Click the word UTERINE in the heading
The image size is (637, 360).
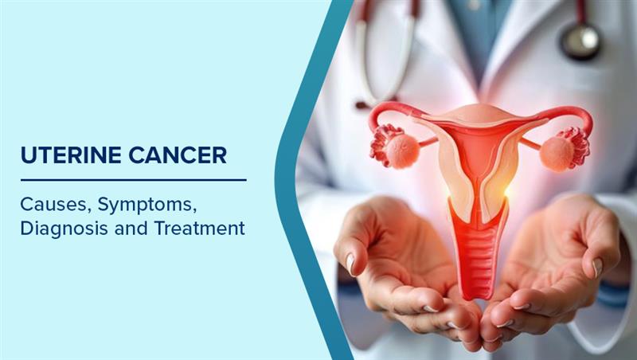click(x=71, y=155)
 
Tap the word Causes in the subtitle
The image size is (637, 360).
click(x=53, y=205)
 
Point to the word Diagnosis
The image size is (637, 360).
click(x=64, y=229)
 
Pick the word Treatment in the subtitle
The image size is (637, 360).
click(x=200, y=228)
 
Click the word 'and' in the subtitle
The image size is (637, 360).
click(x=131, y=228)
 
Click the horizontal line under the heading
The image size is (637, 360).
click(x=134, y=179)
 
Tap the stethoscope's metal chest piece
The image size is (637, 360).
click(x=580, y=41)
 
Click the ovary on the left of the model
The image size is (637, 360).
click(x=402, y=151)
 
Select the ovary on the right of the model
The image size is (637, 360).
click(x=557, y=154)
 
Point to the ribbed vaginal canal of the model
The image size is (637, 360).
click(x=478, y=260)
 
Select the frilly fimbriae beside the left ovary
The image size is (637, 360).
click(x=381, y=145)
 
